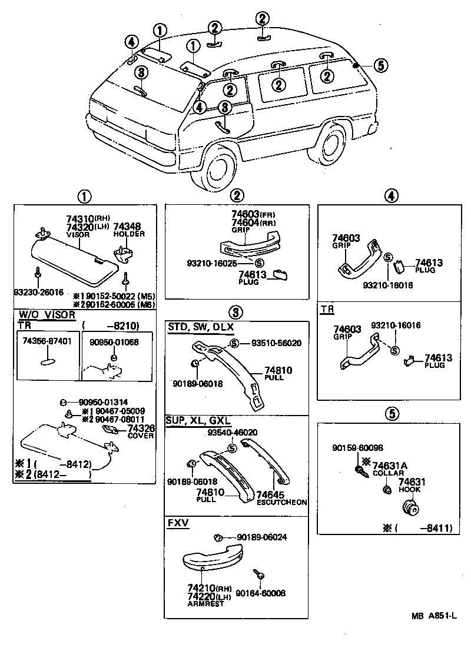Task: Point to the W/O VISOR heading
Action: pos(47,315)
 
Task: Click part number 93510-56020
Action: pos(276,343)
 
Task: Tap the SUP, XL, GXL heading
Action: pos(198,422)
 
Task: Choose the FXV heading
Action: pos(177,523)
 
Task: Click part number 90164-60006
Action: pos(261,593)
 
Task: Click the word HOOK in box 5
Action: pos(412,489)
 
